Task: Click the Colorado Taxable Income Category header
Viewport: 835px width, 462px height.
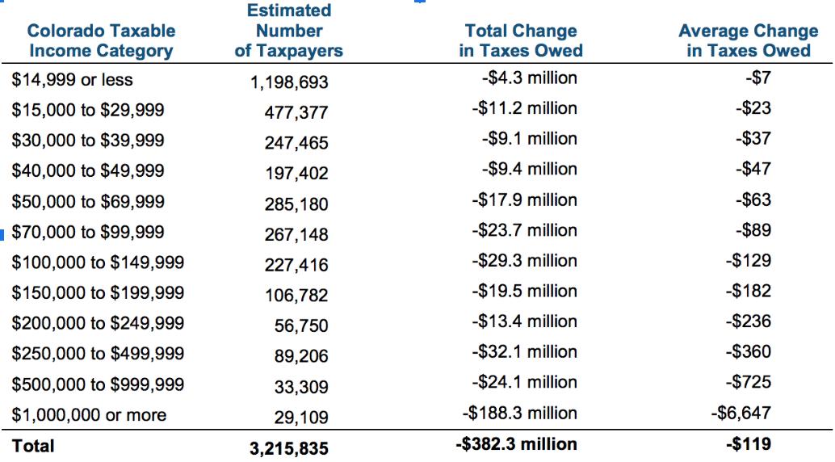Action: tap(101, 40)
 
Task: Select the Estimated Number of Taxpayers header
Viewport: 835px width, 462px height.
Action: tap(288, 31)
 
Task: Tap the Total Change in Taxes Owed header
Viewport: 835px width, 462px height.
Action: tap(521, 40)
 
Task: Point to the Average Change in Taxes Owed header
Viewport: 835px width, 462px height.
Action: tap(748, 40)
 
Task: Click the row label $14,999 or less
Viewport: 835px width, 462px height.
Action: tap(73, 80)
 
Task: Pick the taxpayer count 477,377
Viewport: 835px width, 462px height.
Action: tap(296, 112)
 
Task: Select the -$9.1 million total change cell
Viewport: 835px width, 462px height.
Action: tap(529, 139)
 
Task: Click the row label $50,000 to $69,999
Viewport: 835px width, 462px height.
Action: tap(88, 201)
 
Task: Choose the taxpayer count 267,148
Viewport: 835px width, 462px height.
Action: tap(296, 235)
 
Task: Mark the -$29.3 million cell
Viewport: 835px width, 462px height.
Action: tap(524, 261)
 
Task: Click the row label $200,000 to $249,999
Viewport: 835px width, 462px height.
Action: tap(98, 323)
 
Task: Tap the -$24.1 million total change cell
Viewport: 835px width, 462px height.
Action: tap(524, 382)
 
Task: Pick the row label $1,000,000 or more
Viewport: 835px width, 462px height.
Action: tap(89, 415)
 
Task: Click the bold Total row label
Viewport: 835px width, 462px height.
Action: tap(33, 445)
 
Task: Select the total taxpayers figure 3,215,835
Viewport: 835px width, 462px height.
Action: tap(288, 448)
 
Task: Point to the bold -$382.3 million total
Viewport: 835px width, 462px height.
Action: tap(517, 444)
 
